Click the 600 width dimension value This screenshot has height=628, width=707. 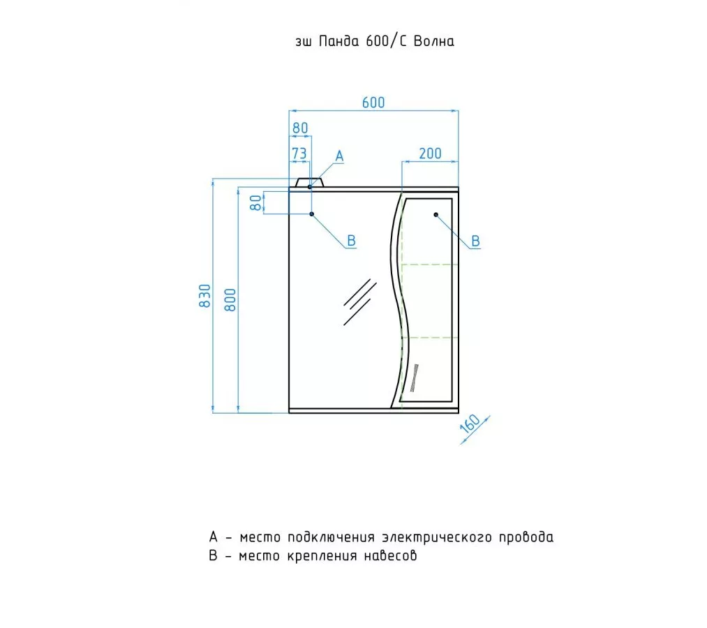tap(373, 103)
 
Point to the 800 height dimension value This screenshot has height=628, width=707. tap(231, 299)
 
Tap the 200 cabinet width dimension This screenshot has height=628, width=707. tap(430, 154)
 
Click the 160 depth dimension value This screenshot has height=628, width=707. tap(470, 425)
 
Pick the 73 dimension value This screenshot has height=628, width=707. tap(299, 153)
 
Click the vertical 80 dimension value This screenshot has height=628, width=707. tap(256, 202)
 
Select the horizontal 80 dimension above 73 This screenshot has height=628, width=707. tap(300, 128)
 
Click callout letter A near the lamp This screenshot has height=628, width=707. tap(340, 156)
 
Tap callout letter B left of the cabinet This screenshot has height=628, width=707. tap(352, 241)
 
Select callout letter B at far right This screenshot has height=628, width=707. tap(475, 241)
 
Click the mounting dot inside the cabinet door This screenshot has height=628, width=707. tap(436, 215)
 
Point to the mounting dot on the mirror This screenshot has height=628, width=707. tap(312, 214)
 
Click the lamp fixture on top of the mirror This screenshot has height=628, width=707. tap(309, 183)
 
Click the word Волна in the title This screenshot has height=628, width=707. tap(433, 41)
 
